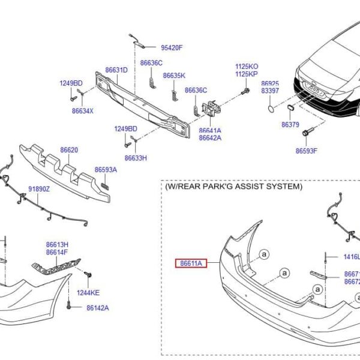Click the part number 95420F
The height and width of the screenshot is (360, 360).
click(171, 47)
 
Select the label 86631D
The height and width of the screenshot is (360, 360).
click(116, 70)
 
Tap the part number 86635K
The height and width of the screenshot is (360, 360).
click(175, 76)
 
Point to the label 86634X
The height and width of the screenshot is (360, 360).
click(83, 110)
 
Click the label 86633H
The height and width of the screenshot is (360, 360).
click(136, 158)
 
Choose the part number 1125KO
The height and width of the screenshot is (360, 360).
click(247, 66)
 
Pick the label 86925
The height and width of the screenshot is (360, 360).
click(270, 83)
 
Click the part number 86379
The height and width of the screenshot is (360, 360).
click(290, 125)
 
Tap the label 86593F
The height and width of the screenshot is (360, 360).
click(306, 151)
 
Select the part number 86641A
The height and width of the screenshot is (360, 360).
click(210, 130)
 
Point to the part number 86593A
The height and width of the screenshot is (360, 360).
click(106, 170)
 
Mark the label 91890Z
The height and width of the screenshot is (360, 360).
click(40, 189)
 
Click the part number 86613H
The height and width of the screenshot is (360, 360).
click(58, 244)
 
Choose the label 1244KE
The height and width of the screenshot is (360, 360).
click(89, 293)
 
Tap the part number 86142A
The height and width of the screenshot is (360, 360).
click(97, 308)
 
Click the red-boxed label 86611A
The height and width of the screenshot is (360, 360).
click(191, 263)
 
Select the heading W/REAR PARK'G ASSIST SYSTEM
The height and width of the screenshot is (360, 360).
click(234, 187)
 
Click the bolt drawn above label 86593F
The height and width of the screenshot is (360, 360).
click(307, 131)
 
